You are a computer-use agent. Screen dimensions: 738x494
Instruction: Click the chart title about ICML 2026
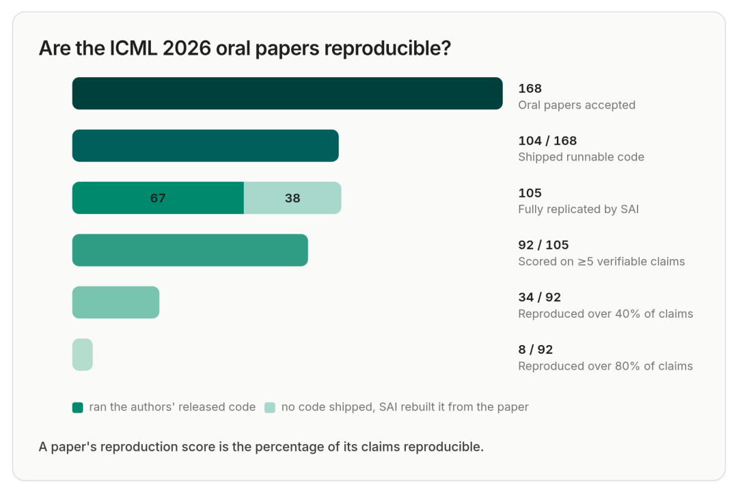click(245, 48)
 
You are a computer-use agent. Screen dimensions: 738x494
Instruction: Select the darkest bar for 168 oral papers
click(287, 93)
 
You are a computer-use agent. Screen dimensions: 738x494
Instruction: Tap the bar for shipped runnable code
click(205, 146)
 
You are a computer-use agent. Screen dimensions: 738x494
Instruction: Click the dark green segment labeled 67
click(158, 197)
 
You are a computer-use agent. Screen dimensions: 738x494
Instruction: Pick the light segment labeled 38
click(292, 197)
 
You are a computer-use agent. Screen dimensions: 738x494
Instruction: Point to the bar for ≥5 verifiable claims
click(190, 250)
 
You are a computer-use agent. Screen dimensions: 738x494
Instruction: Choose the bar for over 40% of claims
click(115, 302)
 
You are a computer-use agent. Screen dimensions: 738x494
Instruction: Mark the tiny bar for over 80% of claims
click(83, 354)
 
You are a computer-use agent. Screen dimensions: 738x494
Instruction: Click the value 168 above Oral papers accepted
click(530, 88)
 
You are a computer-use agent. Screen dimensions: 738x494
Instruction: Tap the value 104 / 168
click(547, 141)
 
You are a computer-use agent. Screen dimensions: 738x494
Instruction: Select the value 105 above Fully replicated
click(530, 193)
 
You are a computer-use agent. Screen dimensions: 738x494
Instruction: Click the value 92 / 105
click(544, 245)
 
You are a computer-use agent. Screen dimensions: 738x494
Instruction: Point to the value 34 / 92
click(539, 297)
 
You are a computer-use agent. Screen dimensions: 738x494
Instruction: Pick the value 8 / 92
click(536, 350)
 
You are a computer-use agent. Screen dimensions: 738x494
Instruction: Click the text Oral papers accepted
click(577, 105)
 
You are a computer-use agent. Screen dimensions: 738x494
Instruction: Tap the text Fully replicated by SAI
click(579, 209)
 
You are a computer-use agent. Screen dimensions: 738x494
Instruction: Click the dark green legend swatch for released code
click(78, 407)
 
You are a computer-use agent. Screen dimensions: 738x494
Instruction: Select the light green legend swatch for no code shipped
click(270, 407)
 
